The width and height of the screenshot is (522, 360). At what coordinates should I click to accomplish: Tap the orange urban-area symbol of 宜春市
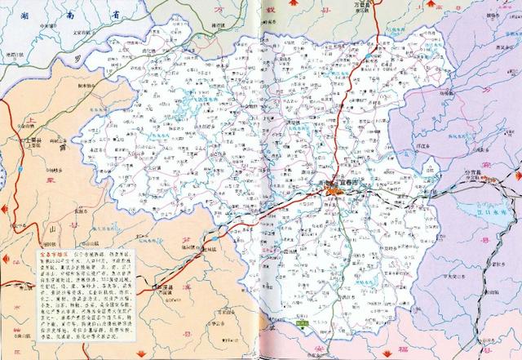[x=334, y=192]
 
